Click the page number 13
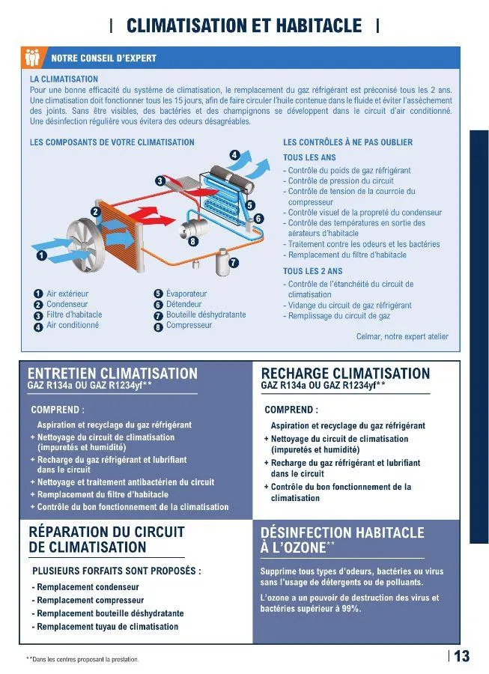click(461, 657)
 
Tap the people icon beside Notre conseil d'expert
click(31, 57)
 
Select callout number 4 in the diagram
click(234, 155)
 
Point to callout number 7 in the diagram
click(234, 263)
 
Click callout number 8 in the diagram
click(193, 242)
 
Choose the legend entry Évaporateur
click(186, 294)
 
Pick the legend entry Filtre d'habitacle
click(74, 315)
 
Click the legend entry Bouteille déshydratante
click(206, 315)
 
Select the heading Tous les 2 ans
click(312, 271)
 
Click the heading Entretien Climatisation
click(112, 373)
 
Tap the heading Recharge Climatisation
click(345, 373)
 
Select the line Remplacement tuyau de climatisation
click(107, 627)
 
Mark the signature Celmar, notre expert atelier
click(402, 337)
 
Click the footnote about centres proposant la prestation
click(82, 659)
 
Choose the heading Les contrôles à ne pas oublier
click(347, 142)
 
